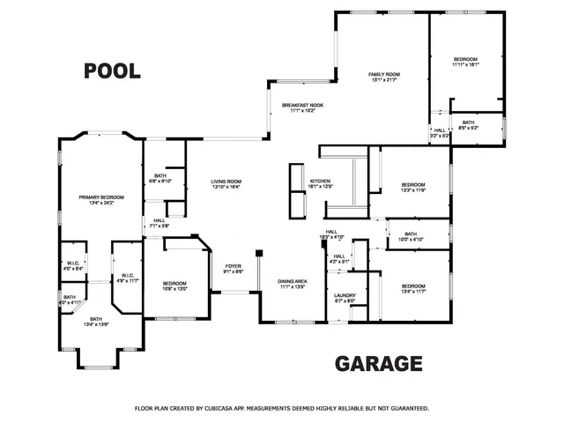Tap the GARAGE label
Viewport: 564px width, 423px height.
click(x=379, y=363)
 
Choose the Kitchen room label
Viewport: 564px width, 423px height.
click(x=320, y=182)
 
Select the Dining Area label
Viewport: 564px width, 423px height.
click(x=292, y=283)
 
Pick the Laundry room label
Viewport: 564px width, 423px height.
click(x=344, y=298)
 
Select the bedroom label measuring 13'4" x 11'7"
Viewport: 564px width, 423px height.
click(x=413, y=288)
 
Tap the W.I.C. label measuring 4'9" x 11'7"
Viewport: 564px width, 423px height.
click(x=128, y=277)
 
